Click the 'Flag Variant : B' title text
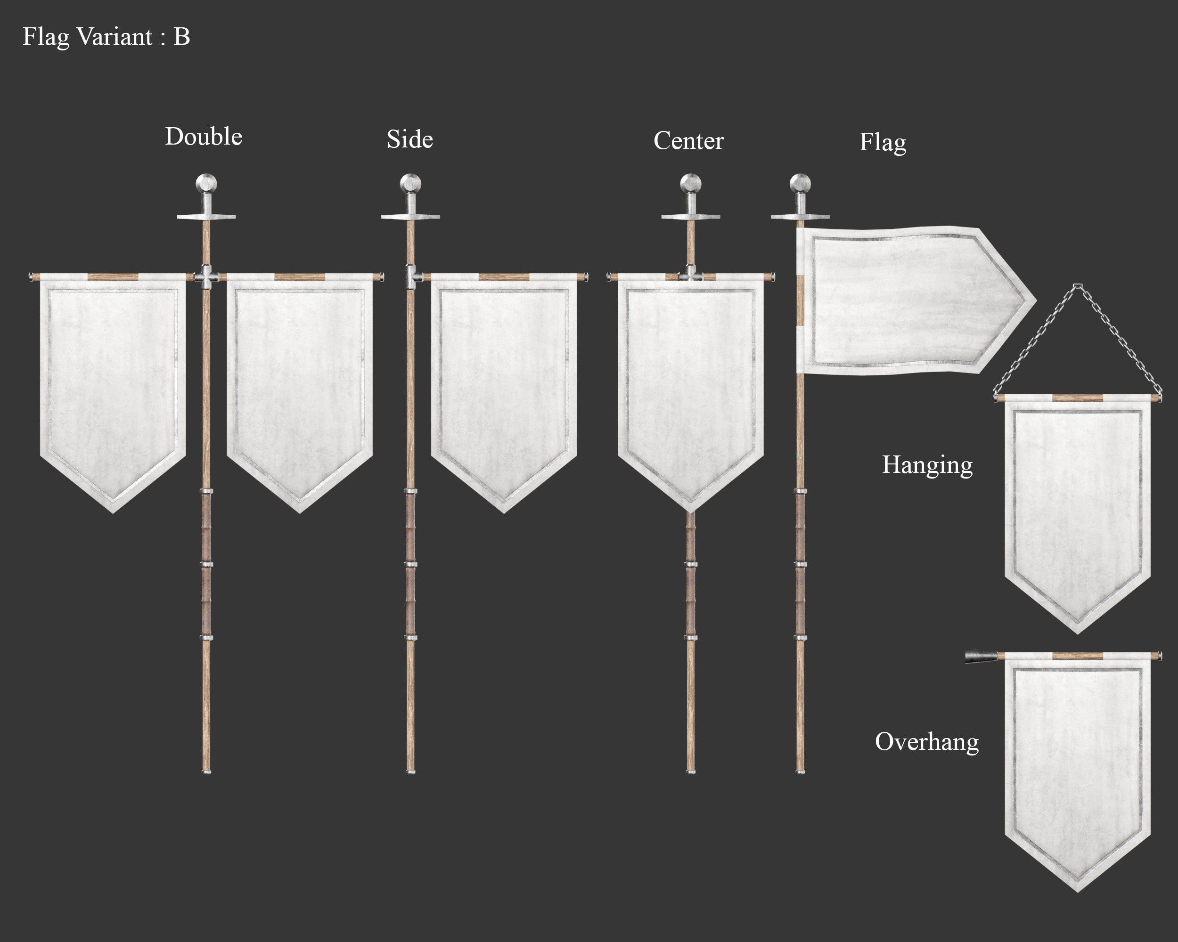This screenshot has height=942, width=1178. pos(106,37)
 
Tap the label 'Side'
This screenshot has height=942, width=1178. pos(410,139)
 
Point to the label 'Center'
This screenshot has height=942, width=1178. pos(688,141)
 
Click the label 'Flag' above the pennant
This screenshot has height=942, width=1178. pos(883,143)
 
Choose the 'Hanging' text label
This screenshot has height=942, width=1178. pos(927,465)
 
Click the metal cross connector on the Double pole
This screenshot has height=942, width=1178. pos(206,277)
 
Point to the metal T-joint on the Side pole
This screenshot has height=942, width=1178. pos(411,277)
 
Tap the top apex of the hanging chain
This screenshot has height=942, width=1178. pos(1078,285)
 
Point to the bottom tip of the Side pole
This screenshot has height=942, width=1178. pos(411,771)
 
